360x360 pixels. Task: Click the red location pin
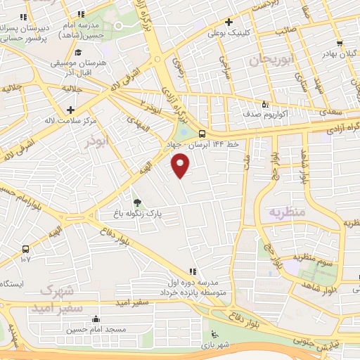point(181,166)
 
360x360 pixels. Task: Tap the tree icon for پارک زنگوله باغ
point(137,201)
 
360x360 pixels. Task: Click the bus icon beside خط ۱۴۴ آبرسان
point(202,134)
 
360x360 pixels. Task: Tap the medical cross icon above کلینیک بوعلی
point(231,22)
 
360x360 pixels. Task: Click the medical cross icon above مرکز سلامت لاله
point(70,110)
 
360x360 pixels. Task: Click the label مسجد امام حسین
point(96,329)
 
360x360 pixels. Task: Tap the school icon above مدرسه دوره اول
point(192,272)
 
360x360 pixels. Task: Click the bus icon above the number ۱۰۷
point(26,249)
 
